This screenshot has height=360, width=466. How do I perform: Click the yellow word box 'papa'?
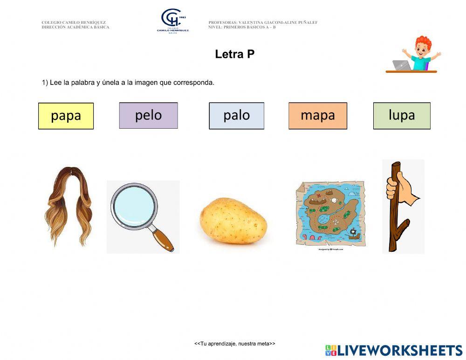click(x=66, y=116)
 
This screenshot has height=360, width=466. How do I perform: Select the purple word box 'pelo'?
click(x=148, y=115)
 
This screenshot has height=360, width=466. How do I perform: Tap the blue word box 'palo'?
click(x=236, y=116)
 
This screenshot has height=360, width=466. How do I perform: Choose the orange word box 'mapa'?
click(x=317, y=116)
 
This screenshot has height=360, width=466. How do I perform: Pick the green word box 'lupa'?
click(x=401, y=116)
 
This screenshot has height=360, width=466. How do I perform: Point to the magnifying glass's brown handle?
click(x=163, y=238)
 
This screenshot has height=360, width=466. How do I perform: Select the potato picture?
click(x=233, y=221)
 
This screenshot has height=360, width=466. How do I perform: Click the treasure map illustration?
click(x=330, y=214)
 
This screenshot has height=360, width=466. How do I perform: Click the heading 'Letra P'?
click(x=234, y=54)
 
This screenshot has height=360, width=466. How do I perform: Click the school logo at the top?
click(x=172, y=21)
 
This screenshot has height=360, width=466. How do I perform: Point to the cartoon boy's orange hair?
click(x=424, y=42)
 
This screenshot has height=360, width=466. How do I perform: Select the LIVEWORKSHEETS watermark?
click(x=394, y=350)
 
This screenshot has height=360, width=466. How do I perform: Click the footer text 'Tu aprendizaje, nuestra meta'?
click(x=234, y=344)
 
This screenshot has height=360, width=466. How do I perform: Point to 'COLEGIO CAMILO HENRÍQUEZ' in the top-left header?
click(x=73, y=22)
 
